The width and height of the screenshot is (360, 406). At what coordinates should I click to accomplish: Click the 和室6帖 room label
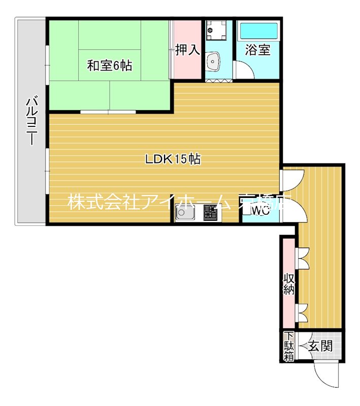pyautogui.click(x=109, y=65)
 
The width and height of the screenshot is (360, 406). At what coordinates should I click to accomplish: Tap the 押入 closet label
pyautogui.click(x=187, y=50)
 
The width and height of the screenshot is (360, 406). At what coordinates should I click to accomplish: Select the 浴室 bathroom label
pyautogui.click(x=258, y=50)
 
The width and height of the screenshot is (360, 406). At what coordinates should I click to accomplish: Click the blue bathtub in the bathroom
pyautogui.click(x=258, y=32)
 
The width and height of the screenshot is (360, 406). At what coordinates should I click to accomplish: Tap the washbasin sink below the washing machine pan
pyautogui.click(x=214, y=61)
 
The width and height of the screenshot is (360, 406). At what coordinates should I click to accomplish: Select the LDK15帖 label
pyautogui.click(x=173, y=159)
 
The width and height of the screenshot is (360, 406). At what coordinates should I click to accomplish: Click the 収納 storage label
pyautogui.click(x=289, y=284)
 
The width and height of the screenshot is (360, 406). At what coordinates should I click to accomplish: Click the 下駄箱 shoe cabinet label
pyautogui.click(x=288, y=346)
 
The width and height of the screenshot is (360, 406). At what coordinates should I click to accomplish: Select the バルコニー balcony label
pyautogui.click(x=31, y=122)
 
